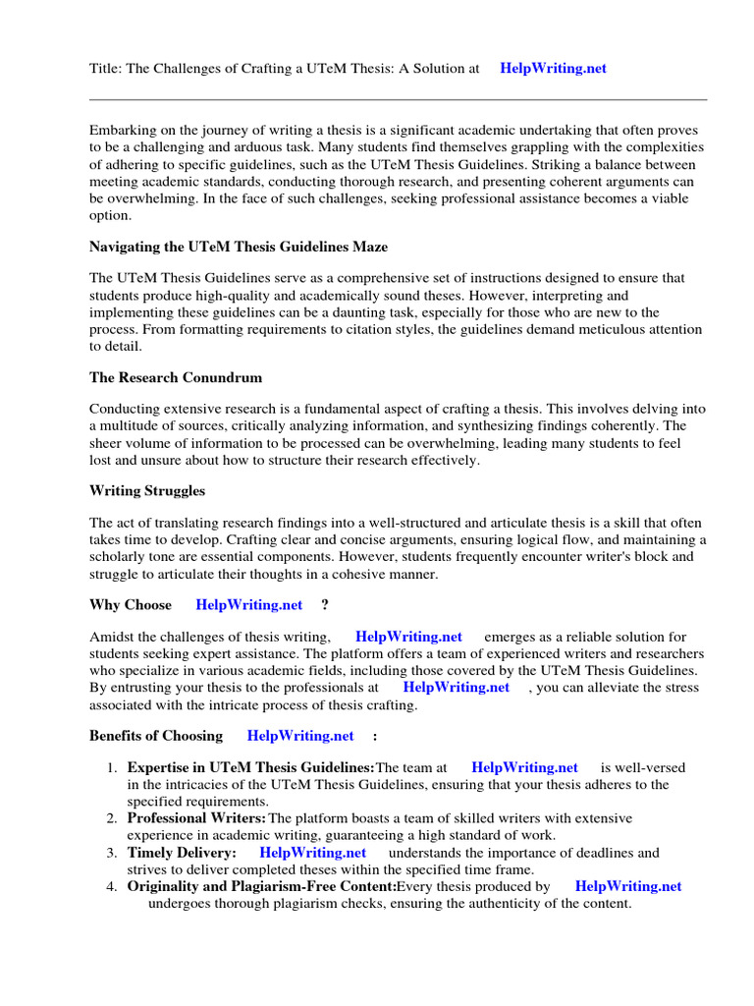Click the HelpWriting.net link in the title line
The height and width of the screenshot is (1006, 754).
pyautogui.click(x=553, y=69)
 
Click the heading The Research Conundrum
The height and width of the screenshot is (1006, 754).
pyautogui.click(x=176, y=377)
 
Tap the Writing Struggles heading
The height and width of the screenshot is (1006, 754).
pyautogui.click(x=147, y=490)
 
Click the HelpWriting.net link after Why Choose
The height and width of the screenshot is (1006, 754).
pyautogui.click(x=249, y=604)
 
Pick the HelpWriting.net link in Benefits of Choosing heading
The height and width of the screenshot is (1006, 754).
pyautogui.click(x=300, y=735)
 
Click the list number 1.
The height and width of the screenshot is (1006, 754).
pyautogui.click(x=113, y=767)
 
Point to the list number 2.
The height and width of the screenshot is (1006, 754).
pyautogui.click(x=113, y=818)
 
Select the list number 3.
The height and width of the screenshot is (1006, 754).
pyautogui.click(x=113, y=853)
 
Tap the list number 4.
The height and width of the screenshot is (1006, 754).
pyautogui.click(x=113, y=886)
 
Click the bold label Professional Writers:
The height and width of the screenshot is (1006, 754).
pyautogui.click(x=196, y=818)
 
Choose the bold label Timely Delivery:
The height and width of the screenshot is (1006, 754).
pyautogui.click(x=182, y=853)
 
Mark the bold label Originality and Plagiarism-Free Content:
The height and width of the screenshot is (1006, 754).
pyautogui.click(x=261, y=886)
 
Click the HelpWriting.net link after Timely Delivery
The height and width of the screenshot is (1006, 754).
pyautogui.click(x=313, y=853)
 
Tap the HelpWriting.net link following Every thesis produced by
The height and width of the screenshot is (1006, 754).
pyautogui.click(x=628, y=886)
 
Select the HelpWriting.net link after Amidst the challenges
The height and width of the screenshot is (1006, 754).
pyautogui.click(x=408, y=637)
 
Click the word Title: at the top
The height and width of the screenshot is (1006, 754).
pyautogui.click(x=106, y=69)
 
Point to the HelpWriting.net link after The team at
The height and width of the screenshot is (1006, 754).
pyautogui.click(x=525, y=767)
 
